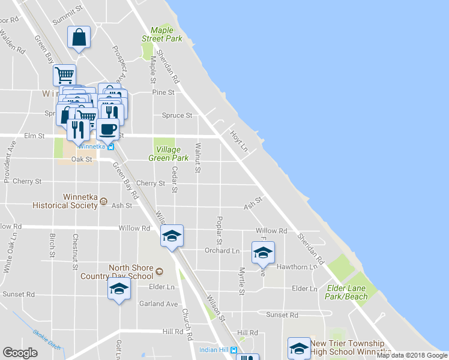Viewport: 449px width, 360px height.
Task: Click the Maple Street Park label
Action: pos(161,34)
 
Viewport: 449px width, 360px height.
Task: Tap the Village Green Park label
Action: pos(172,154)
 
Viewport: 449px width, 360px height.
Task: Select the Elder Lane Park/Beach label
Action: pos(346,292)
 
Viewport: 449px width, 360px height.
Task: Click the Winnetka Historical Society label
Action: pos(81,201)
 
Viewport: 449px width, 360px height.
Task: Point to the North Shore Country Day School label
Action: pos(117,272)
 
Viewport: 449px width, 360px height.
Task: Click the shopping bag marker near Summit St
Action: pos(79,38)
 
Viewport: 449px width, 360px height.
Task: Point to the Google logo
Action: pos(20,353)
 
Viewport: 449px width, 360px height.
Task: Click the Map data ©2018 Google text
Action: pos(412,355)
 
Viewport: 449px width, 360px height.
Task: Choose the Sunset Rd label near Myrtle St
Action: pos(282,314)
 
